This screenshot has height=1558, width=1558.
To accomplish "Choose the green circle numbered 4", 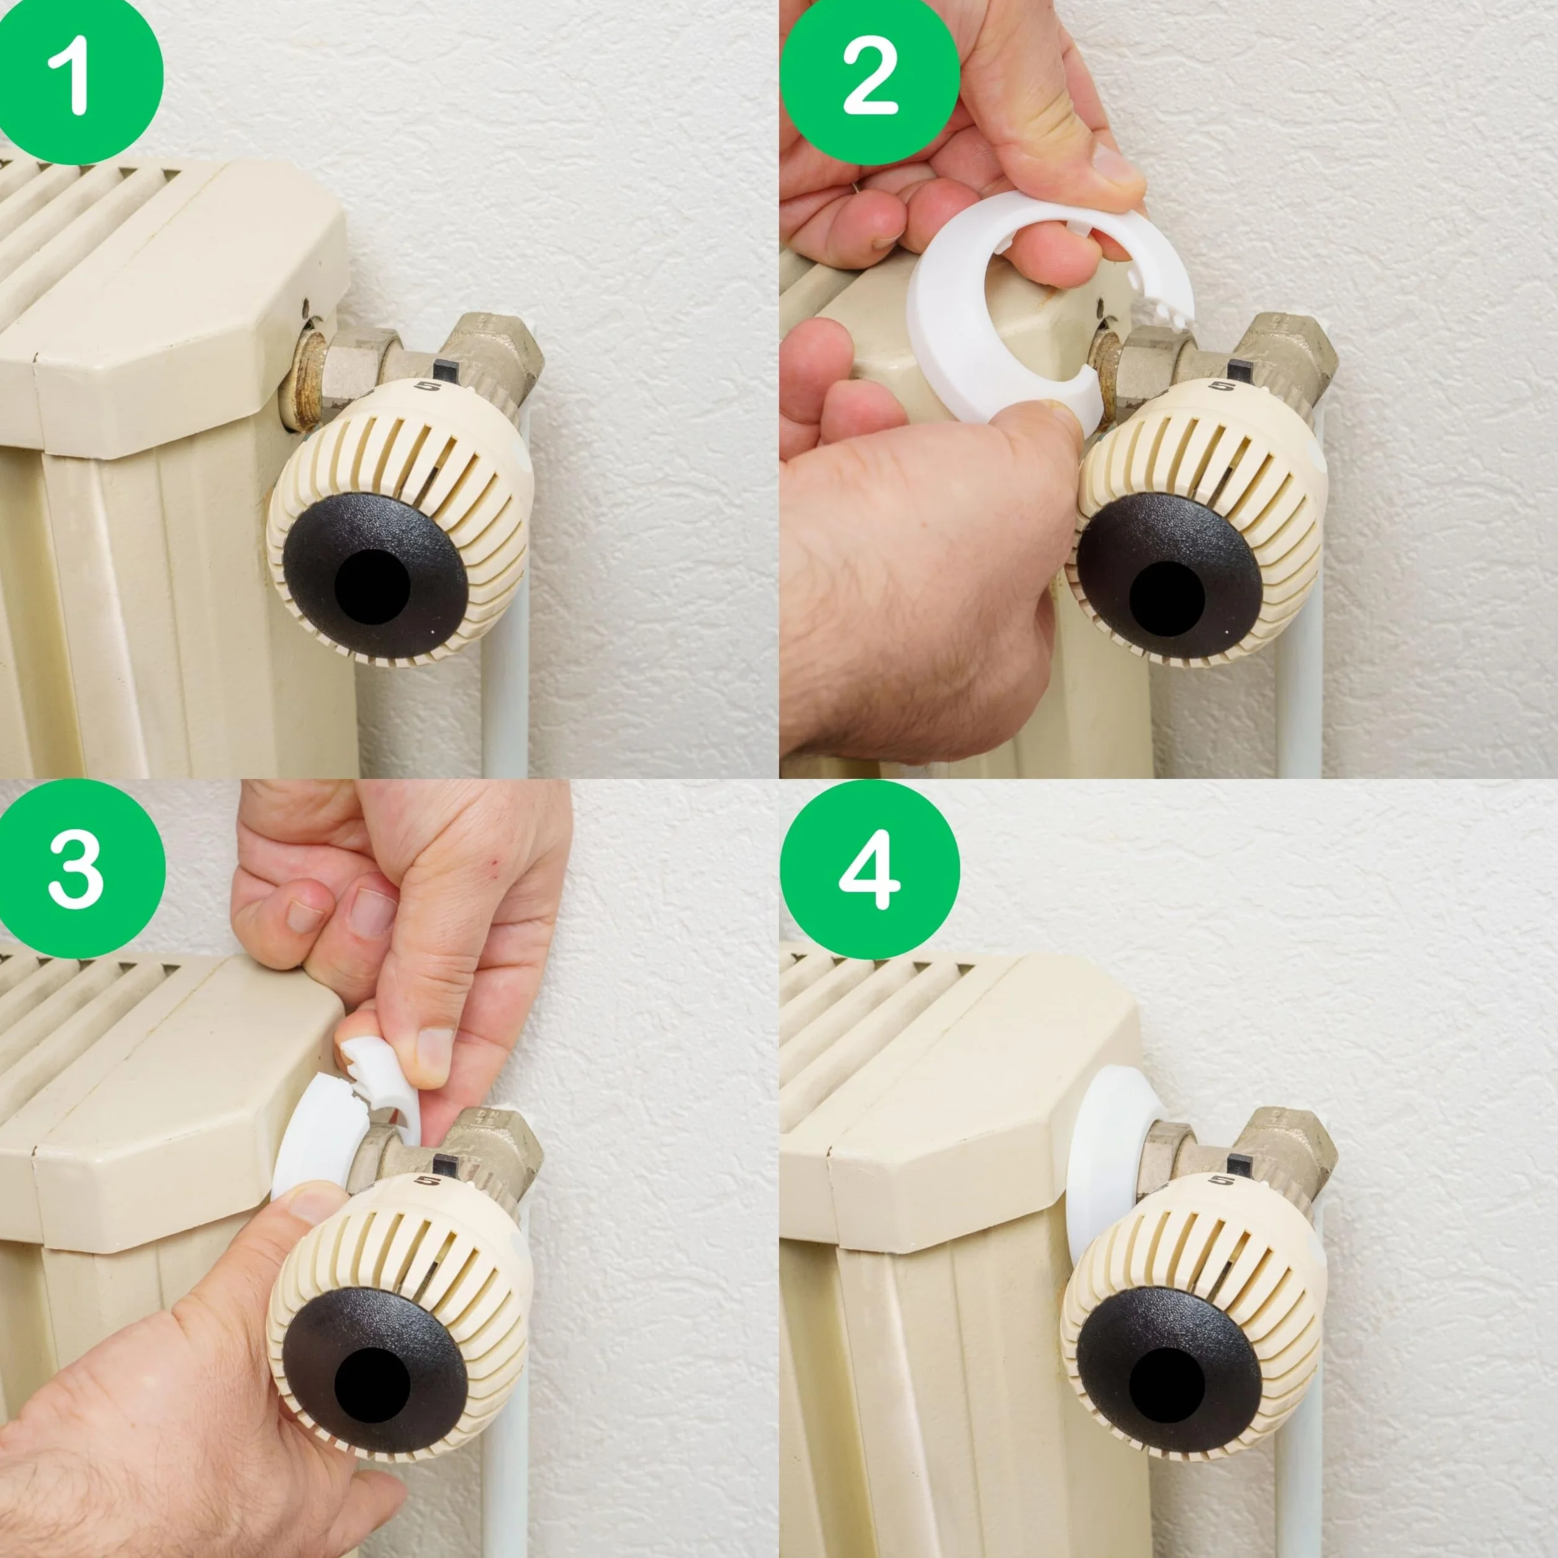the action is coord(870,871).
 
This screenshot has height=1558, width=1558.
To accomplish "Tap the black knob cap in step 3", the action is coord(376,1371).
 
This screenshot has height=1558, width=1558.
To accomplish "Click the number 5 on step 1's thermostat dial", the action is coord(426,386).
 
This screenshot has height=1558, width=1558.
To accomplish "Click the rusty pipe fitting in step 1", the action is coord(307,379).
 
